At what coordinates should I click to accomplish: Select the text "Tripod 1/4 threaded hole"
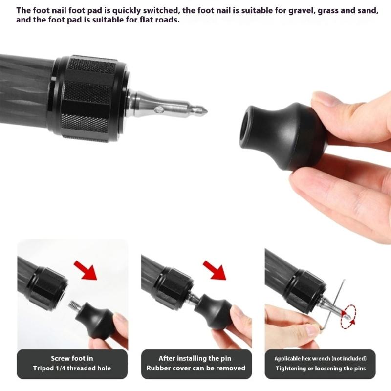point(72,368)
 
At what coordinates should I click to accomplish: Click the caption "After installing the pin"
point(196,358)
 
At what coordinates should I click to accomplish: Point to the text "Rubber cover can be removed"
point(196,368)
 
